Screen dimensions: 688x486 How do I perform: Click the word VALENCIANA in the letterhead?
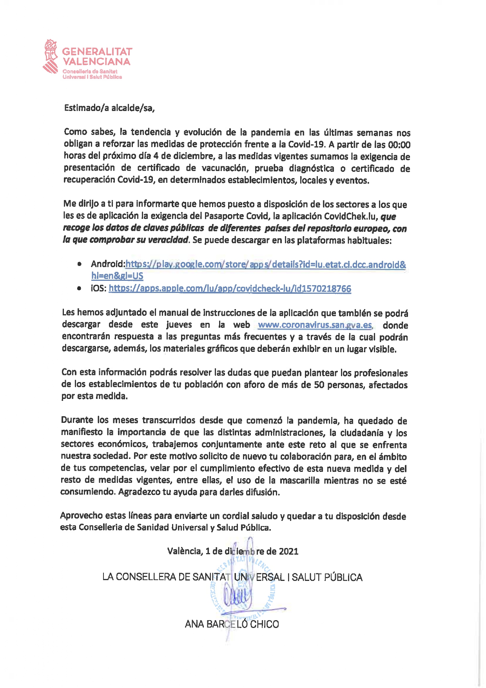coord(96,62)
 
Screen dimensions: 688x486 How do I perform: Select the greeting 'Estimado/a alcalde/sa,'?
coord(109,108)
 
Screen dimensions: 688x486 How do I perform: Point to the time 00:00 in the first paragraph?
coord(399,145)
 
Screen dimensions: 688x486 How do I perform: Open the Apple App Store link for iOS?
coord(230,289)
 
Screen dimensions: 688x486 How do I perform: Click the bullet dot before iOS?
coord(80,289)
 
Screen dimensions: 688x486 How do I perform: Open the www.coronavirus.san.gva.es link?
coord(315,325)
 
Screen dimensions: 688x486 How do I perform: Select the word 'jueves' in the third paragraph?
coord(179,325)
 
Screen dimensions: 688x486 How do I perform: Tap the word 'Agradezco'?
coord(139,492)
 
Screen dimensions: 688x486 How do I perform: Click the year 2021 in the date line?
coord(288,551)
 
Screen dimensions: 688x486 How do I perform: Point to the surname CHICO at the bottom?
coord(264,624)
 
